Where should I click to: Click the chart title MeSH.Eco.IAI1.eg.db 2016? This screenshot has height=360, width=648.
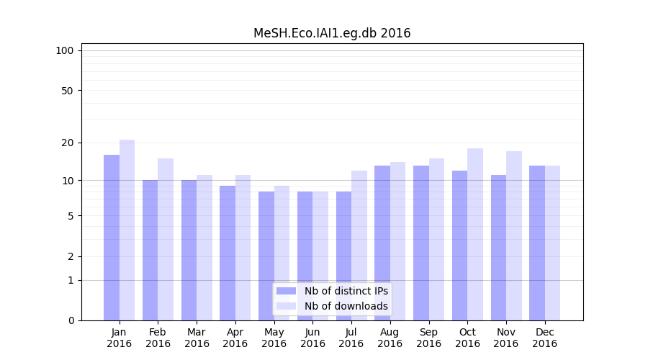coord(332,33)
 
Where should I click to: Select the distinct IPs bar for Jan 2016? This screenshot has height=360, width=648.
coord(112,238)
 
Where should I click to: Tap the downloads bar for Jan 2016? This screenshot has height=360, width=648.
coord(127,230)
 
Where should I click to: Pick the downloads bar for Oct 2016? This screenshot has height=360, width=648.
coord(475,234)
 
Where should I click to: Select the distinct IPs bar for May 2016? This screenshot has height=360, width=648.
coord(266,256)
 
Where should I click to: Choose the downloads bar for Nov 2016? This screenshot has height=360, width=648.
coord(514,235)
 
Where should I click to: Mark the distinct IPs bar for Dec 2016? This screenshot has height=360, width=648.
coord(537,243)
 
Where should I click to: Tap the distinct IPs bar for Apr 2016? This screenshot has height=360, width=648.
coord(228,253)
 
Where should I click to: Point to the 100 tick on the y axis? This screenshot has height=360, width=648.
coord(65,50)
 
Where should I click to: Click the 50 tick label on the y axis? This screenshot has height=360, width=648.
coord(67,91)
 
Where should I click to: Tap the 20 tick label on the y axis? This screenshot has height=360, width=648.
coord(67,143)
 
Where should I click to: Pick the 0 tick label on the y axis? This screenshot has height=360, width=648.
coord(71,320)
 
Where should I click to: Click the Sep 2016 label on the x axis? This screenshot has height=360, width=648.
coord(428,338)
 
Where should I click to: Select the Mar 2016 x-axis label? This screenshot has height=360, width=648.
coord(197,338)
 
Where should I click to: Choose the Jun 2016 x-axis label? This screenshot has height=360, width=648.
coord(312,338)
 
